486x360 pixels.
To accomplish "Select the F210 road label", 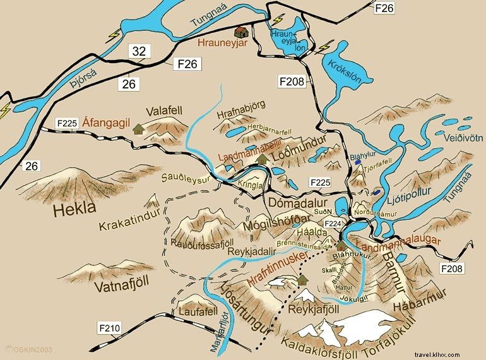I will tap(109, 328).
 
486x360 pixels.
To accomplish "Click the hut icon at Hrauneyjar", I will tap(240, 32).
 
